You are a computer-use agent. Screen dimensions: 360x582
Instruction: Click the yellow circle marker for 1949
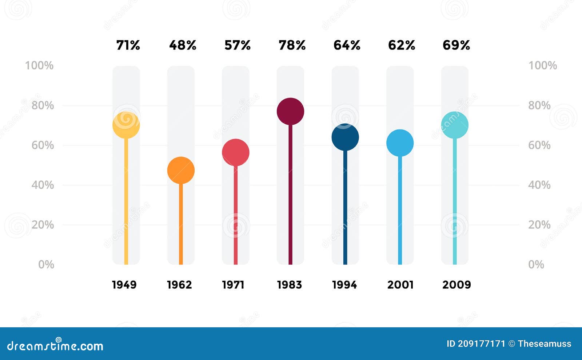coord(126,125)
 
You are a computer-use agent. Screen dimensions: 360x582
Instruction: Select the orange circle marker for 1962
coord(181,170)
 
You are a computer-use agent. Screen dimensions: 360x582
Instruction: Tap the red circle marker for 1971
coord(236,152)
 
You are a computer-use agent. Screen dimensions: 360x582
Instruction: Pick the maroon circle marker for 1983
coord(290,111)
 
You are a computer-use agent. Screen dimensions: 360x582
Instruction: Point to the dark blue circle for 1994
coord(345,137)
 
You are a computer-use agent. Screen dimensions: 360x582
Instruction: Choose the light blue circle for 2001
coord(400,143)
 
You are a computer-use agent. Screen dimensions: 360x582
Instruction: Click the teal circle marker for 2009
coord(455,125)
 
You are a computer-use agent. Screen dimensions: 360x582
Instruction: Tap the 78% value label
coord(292,45)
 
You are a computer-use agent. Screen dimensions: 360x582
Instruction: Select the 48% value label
coord(183,45)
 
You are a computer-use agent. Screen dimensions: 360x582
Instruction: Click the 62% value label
coord(402,45)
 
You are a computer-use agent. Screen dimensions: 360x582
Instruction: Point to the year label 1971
coord(233,284)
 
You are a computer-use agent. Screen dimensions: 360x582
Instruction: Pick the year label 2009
coord(457,284)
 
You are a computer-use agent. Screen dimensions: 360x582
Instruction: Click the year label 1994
coord(344,284)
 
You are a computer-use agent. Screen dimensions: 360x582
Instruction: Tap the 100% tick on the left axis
coord(39,65)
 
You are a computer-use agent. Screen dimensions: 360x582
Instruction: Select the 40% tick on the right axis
coord(539,185)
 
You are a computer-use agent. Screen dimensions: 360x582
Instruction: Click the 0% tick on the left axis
coord(46,264)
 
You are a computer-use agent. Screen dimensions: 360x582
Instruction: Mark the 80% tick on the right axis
coord(539,105)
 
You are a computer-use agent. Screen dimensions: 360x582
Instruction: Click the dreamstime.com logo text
coord(55,345)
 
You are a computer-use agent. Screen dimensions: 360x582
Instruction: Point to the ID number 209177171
coord(481,344)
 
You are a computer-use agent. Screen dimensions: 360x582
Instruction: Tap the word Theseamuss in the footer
coord(544,344)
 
